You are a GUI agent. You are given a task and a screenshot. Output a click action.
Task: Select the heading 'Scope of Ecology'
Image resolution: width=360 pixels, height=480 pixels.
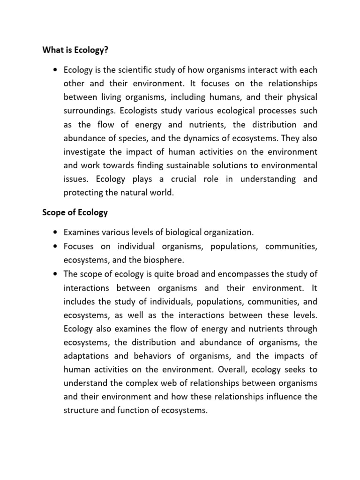(75, 212)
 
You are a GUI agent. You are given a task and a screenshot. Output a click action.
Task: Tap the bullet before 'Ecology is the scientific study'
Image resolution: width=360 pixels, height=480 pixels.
(56, 70)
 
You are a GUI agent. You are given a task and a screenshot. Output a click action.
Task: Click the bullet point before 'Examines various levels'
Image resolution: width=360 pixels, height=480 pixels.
(56, 233)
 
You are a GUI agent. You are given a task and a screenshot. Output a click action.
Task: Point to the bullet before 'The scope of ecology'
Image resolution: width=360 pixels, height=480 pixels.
(56, 274)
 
